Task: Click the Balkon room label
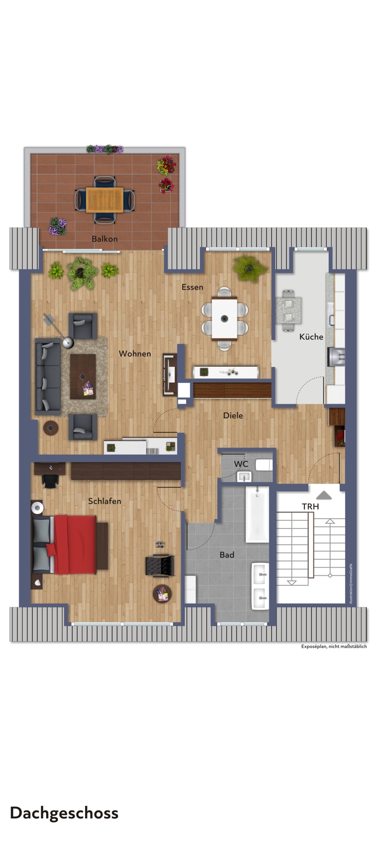105,239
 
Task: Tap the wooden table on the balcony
105,200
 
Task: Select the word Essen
192,287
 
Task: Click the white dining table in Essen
224,319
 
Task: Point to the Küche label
311,337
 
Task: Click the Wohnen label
135,354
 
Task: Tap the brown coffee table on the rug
83,376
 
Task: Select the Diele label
233,415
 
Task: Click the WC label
241,464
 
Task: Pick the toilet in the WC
264,465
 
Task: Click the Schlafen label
105,501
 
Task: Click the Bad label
227,555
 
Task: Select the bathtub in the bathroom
257,515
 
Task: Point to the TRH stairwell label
310,507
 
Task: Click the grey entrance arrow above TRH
324,495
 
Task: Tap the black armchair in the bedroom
160,565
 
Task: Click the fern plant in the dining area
251,268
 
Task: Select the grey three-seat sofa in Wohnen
48,377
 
